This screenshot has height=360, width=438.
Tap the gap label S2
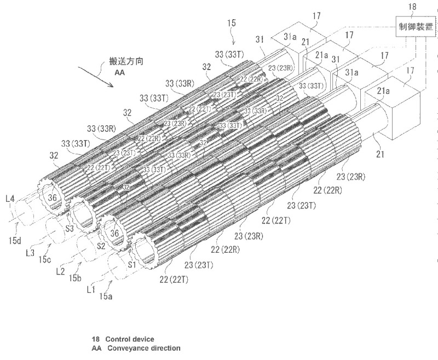pyautogui.click(x=101, y=247)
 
